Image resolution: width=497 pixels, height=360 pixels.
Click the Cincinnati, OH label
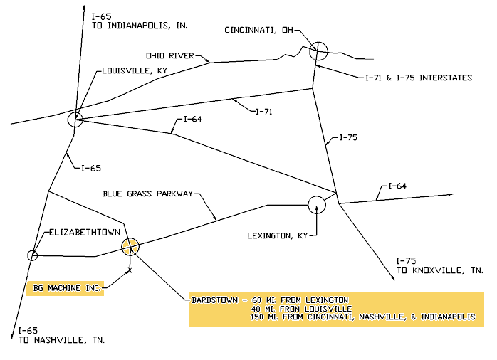point(258,31)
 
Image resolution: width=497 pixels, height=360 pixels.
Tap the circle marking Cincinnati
point(318,51)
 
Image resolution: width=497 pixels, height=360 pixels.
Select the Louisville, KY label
point(135,71)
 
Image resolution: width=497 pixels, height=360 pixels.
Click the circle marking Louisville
point(75,120)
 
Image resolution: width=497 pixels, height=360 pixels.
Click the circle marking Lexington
point(317,204)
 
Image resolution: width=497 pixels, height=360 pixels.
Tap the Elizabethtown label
point(84,233)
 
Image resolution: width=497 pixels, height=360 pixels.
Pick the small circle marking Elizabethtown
point(32,255)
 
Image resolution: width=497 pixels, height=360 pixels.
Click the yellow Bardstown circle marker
point(130,246)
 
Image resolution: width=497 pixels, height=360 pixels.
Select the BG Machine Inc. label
point(68,289)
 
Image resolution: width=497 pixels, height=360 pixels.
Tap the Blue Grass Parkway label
point(148,194)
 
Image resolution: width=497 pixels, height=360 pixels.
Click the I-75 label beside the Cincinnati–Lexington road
point(349,137)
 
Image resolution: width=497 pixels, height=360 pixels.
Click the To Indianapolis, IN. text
point(140,26)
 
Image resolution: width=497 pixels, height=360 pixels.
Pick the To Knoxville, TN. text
point(439,270)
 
